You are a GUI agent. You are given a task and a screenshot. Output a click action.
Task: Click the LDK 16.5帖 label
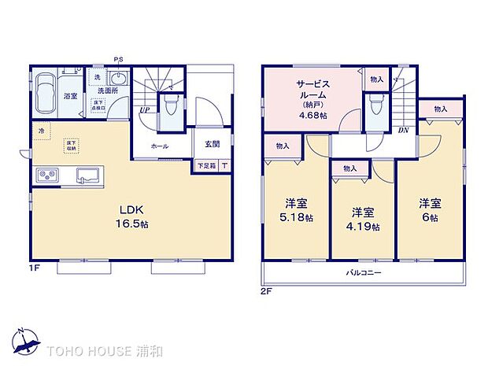coord(133,216)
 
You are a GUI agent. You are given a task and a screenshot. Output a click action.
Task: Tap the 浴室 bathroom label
coord(70,96)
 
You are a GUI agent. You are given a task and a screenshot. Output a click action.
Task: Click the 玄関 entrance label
coord(213,144)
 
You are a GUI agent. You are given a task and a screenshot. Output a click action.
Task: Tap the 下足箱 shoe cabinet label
coord(206,166)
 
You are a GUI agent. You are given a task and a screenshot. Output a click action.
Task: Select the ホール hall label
coord(160,146)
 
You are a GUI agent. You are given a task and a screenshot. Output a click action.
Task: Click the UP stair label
coord(146,111)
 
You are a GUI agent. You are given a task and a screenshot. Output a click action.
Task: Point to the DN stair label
coord(403,130)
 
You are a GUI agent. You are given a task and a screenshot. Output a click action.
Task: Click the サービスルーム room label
coord(312,99)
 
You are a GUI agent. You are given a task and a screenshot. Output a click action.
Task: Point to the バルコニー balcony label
coord(363,272)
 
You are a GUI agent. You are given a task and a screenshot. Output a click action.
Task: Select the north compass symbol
coord(25,340)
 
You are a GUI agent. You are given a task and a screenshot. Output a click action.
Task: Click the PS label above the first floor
coord(119,59)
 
